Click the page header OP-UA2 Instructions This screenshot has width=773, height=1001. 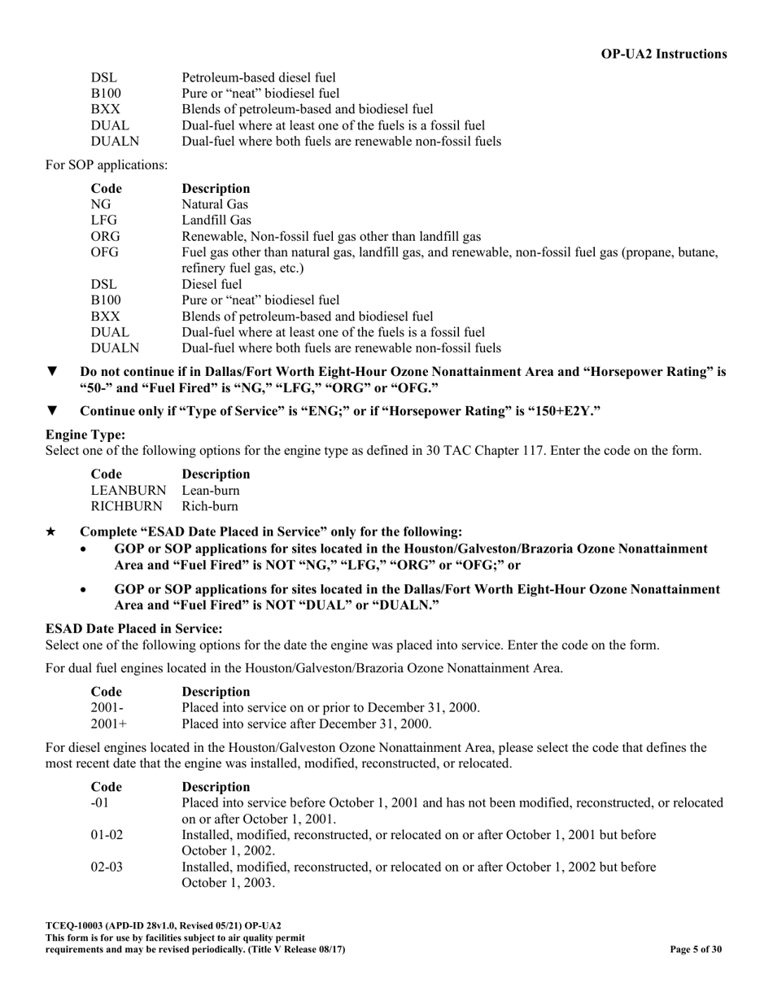[664, 54]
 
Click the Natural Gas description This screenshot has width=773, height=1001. [215, 204]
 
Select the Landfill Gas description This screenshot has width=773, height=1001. [216, 221]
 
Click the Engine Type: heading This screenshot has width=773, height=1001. [85, 435]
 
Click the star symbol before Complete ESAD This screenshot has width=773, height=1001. [51, 531]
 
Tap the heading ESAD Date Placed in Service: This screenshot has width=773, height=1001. [133, 629]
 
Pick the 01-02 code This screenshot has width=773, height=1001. [106, 834]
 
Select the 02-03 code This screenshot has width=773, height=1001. [106, 867]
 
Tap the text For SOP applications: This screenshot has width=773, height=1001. [107, 165]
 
